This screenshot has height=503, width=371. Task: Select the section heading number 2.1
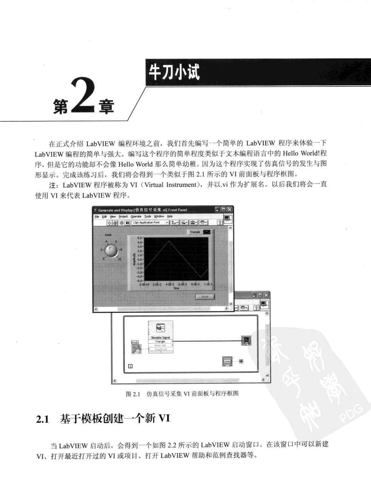(x=42, y=419)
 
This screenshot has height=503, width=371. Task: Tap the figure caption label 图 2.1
(x=133, y=394)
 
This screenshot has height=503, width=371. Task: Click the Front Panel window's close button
(x=230, y=210)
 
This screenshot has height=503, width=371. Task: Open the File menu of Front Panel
(x=97, y=217)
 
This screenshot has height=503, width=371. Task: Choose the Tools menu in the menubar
(x=148, y=217)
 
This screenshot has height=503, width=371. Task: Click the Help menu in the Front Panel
(x=170, y=217)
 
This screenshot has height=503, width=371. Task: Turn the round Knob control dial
(x=111, y=250)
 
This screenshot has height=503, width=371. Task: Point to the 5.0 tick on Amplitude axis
(x=139, y=238)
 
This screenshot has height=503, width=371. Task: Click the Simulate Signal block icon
(x=160, y=328)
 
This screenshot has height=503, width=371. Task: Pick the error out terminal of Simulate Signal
(x=160, y=345)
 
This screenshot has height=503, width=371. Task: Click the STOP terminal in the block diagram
(x=227, y=361)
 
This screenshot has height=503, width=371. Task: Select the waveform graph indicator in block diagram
(x=246, y=341)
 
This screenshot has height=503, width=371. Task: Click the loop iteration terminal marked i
(x=130, y=366)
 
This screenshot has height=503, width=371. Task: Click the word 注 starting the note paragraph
(x=53, y=185)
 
